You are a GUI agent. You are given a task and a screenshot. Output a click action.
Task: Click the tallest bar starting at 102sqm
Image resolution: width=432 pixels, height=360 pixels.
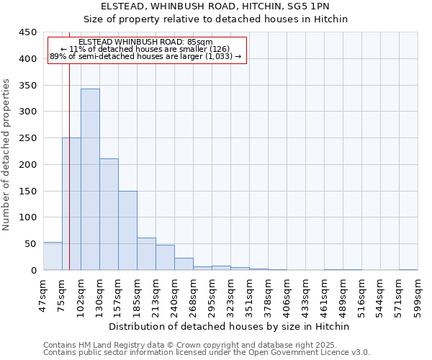click(90, 179)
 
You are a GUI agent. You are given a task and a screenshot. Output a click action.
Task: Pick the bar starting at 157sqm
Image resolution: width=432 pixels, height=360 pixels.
click(127, 230)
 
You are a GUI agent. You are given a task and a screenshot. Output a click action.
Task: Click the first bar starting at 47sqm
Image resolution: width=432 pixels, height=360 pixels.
click(53, 256)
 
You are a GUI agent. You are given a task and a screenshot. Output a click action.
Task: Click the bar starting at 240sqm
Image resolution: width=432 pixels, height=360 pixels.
click(184, 264)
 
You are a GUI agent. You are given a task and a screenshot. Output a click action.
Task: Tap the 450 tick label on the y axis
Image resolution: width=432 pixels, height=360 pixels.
click(27, 32)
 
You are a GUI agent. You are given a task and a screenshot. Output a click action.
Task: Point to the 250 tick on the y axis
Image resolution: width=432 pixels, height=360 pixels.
click(27, 138)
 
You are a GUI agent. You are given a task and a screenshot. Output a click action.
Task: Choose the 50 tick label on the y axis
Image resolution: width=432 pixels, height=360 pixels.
click(30, 244)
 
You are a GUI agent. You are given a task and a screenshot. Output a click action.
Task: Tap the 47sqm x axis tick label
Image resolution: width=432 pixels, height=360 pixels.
click(43, 294)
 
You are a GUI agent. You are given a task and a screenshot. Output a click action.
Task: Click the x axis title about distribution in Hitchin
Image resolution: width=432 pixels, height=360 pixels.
click(230, 327)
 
